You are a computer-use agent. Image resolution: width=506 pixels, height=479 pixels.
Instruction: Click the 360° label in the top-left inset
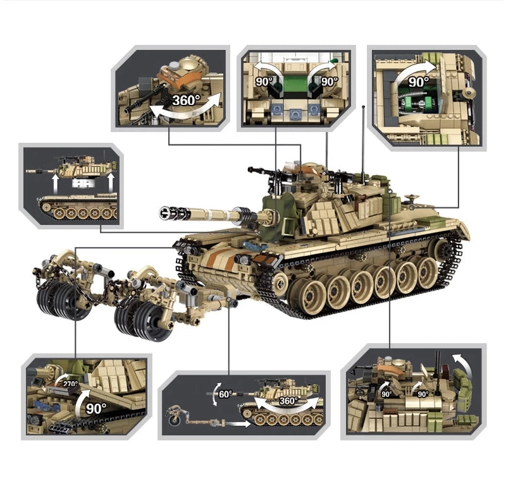(x=187, y=100)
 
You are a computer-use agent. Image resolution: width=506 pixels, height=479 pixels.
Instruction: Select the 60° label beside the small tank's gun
(x=225, y=393)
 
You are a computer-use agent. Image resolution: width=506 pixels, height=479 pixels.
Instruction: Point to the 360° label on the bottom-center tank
(x=288, y=401)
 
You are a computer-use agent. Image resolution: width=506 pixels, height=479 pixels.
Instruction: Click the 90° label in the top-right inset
(x=418, y=82)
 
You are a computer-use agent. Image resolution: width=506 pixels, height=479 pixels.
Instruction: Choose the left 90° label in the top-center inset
(x=262, y=82)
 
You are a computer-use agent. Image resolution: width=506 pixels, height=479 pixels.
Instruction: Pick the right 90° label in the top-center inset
(x=329, y=82)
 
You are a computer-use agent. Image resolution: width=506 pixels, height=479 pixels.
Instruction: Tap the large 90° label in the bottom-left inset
(x=96, y=408)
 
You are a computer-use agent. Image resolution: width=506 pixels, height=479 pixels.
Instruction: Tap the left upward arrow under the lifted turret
(x=56, y=184)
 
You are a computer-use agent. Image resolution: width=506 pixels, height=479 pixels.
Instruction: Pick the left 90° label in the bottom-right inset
(x=386, y=393)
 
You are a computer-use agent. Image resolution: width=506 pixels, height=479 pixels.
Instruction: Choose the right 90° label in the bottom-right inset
(x=423, y=393)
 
